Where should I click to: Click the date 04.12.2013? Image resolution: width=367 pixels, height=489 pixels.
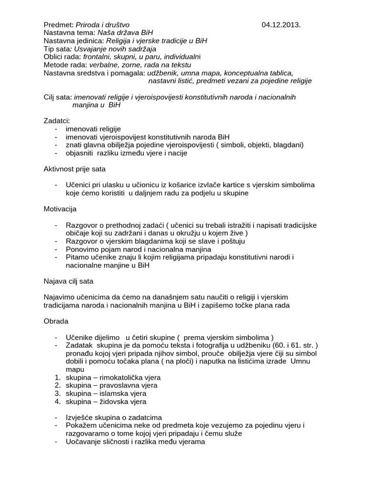(x=281, y=25)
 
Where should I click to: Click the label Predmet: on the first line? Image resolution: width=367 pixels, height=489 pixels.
(x=58, y=25)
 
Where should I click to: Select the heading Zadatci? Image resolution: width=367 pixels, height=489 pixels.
(x=56, y=121)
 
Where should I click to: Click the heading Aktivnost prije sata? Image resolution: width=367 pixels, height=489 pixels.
(x=75, y=169)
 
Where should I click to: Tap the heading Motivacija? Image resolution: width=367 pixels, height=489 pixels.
(x=60, y=209)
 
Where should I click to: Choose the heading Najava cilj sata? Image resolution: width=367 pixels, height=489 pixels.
(x=68, y=281)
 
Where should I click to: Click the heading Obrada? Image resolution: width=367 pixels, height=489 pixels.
(x=56, y=321)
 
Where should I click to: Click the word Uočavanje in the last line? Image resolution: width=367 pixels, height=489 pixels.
(x=84, y=442)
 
